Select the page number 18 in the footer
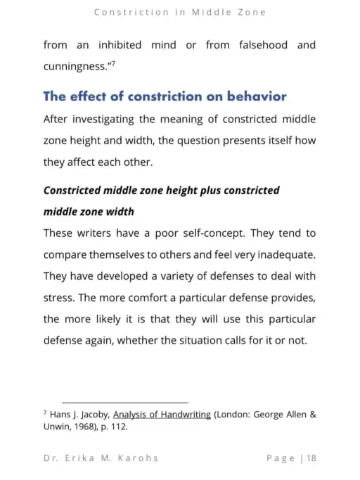click(x=311, y=458)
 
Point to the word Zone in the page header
click(x=250, y=13)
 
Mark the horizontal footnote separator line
click(x=125, y=402)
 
